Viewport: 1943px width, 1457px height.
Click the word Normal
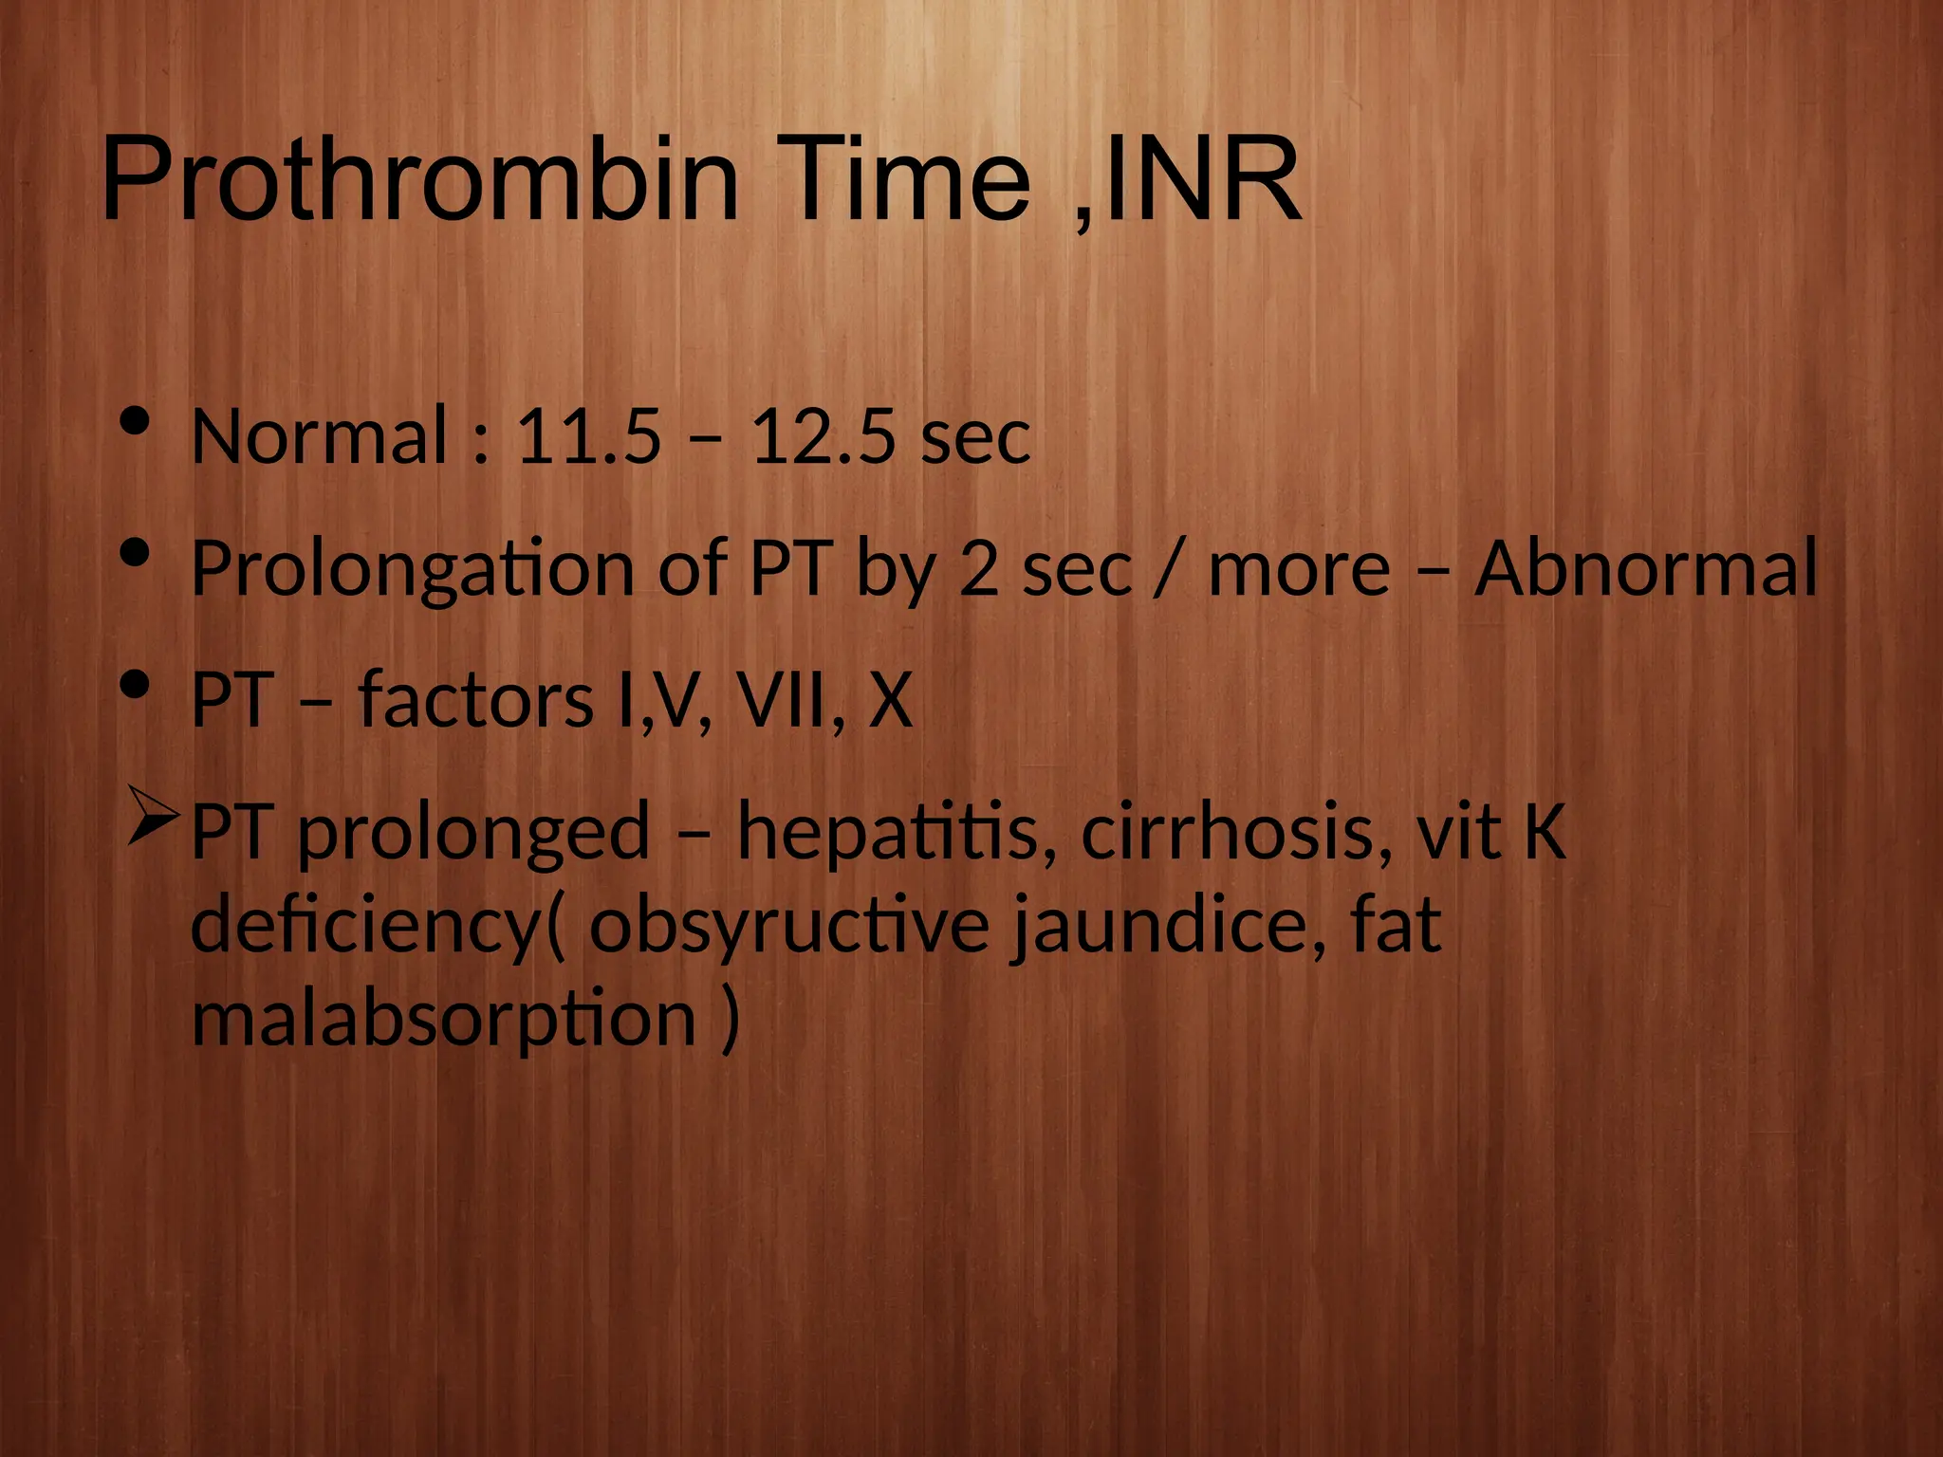(x=319, y=436)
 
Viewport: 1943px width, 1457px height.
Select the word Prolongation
(x=413, y=569)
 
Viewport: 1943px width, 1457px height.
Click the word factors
(x=475, y=700)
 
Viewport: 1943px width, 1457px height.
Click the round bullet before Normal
(x=137, y=421)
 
